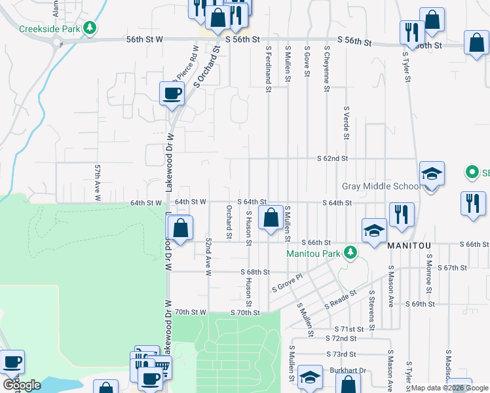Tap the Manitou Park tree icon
tap(350, 253)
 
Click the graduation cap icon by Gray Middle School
tap(432, 174)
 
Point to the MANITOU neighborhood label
tap(409, 245)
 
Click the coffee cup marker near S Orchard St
tap(172, 93)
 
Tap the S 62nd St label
tap(332, 159)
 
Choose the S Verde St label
tap(345, 123)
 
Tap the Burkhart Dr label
tap(347, 370)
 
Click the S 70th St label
tap(245, 313)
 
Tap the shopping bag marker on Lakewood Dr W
tap(180, 229)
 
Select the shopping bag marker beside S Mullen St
tap(270, 218)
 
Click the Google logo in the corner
tap(22, 385)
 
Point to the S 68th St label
tap(255, 272)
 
